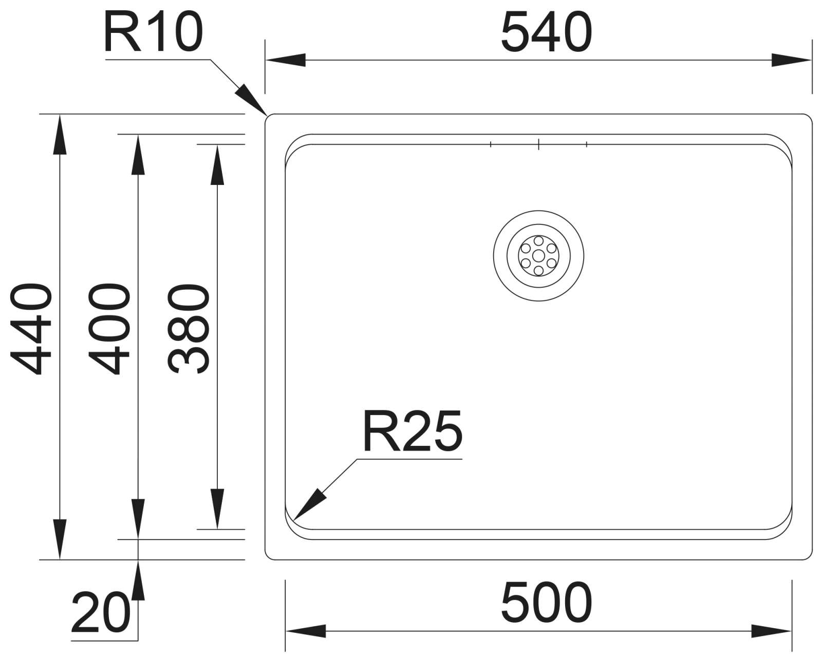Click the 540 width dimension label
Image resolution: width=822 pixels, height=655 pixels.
point(546,32)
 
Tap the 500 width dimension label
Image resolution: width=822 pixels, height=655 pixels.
point(546,602)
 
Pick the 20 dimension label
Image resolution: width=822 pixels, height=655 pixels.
point(101,612)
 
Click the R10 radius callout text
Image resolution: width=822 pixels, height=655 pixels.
point(153,32)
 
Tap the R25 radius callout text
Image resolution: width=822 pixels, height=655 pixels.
point(413,431)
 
